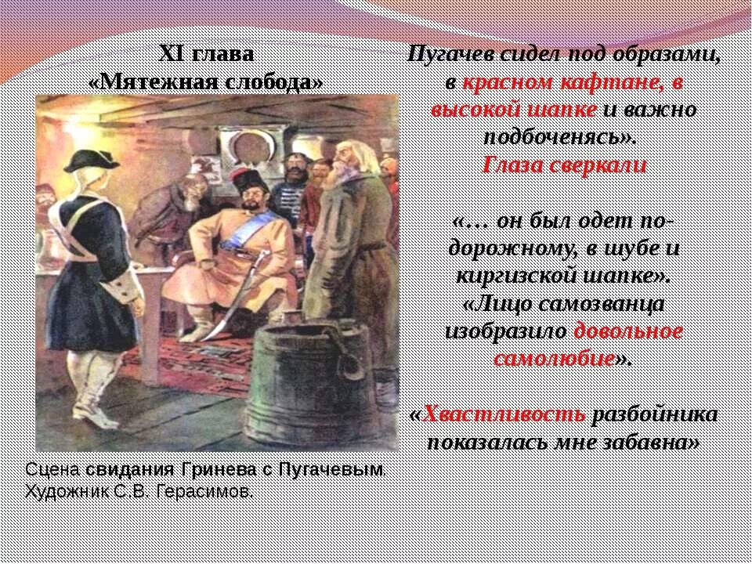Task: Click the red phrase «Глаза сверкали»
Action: (563, 166)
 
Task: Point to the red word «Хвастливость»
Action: (504, 415)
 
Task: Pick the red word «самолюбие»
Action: (553, 359)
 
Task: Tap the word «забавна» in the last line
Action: (658, 443)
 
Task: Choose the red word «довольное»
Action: (628, 331)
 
